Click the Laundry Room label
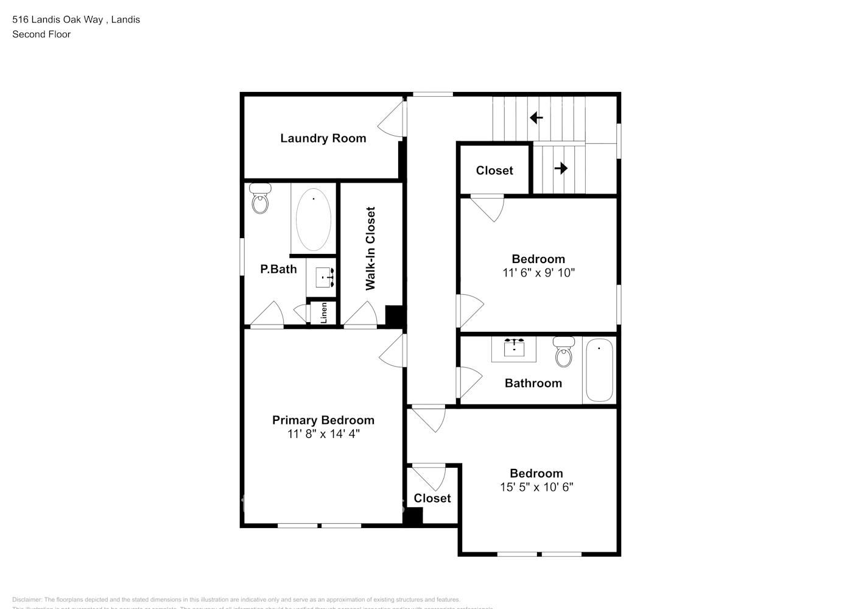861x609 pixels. (323, 138)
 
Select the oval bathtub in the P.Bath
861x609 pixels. (314, 219)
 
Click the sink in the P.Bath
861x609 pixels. (325, 278)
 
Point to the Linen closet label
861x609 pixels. (324, 313)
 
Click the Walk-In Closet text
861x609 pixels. (370, 248)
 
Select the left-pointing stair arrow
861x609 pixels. (536, 118)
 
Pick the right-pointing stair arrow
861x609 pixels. (561, 168)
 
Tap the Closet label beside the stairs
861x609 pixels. (494, 171)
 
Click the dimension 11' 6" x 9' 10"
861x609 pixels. (538, 273)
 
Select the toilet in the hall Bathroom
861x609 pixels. (564, 353)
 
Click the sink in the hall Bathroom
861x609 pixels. (514, 349)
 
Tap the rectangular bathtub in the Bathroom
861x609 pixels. (599, 370)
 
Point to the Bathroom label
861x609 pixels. (533, 383)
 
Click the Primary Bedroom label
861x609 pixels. (323, 420)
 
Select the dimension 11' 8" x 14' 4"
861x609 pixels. (323, 434)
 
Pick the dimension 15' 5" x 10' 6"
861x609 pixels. (536, 487)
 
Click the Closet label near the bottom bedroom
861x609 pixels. (432, 498)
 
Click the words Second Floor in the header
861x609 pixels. (41, 34)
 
